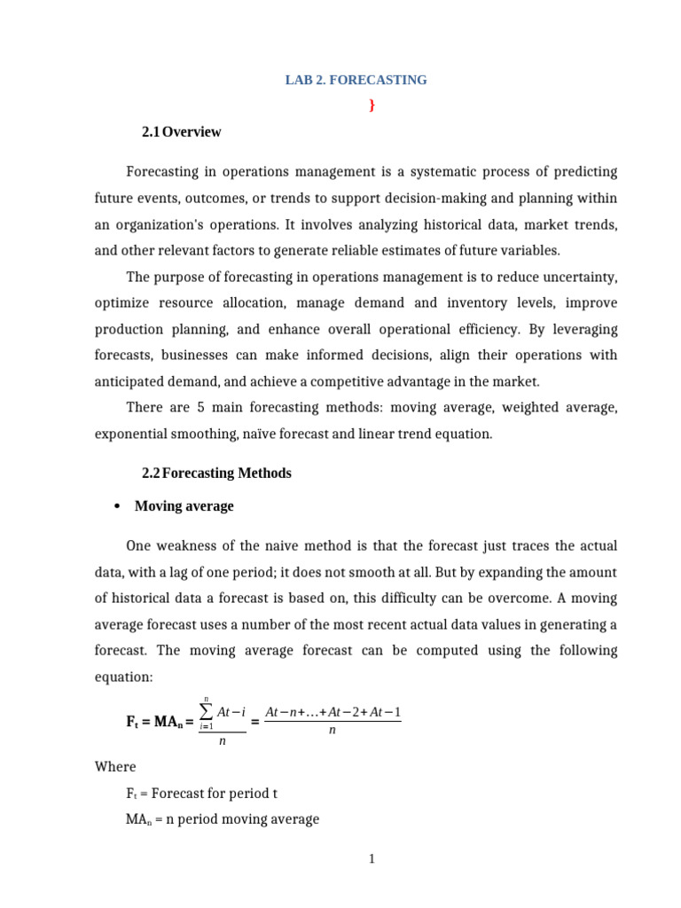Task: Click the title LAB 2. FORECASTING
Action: (x=356, y=80)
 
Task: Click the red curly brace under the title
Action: (x=372, y=106)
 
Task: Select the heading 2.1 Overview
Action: (x=181, y=132)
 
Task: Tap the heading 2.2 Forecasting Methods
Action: (x=216, y=473)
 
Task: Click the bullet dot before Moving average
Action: (x=117, y=506)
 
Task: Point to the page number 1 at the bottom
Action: (x=372, y=858)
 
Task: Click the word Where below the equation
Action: (x=115, y=766)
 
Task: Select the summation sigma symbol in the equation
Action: (x=207, y=711)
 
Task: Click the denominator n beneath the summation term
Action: (x=222, y=741)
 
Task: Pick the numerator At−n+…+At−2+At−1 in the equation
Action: (x=333, y=712)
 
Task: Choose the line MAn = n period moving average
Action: (x=223, y=819)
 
